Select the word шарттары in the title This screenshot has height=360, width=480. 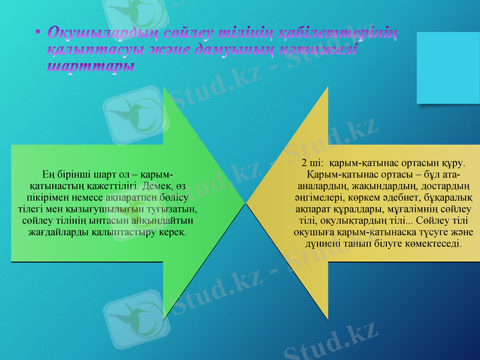(x=91, y=66)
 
